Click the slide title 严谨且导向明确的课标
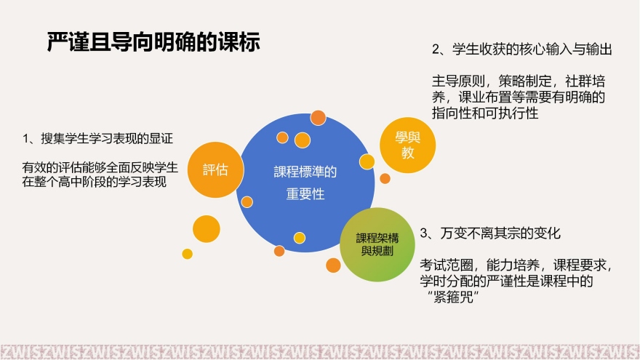[153, 42]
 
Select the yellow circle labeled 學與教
[409, 144]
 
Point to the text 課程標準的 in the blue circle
[305, 172]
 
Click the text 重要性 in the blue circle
[305, 195]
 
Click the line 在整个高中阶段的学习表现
[95, 182]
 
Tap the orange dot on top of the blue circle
[318, 117]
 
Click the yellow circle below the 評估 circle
[206, 229]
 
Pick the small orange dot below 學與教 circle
[385, 178]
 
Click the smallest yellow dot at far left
[187, 254]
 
